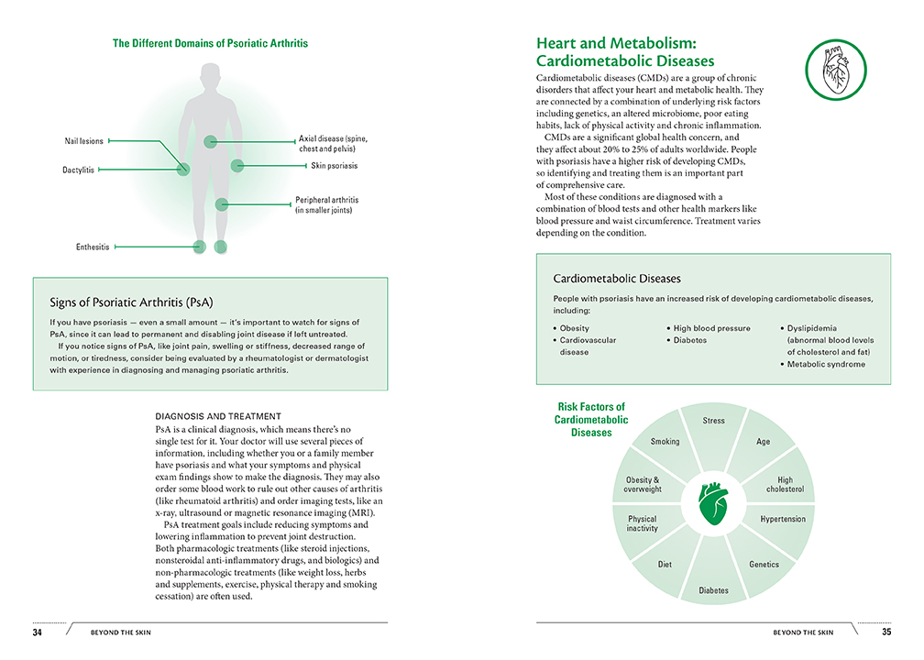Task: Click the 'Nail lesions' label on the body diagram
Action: point(83,141)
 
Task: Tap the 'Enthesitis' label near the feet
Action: point(93,247)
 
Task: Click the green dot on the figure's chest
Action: point(211,141)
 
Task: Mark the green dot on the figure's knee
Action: point(221,203)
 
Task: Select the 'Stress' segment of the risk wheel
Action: point(713,421)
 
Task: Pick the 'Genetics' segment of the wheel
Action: point(764,565)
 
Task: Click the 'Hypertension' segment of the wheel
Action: point(783,519)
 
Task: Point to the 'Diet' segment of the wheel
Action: point(665,565)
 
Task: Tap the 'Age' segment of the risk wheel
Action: point(763,442)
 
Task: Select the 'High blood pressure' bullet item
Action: point(711,328)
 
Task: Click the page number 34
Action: point(38,632)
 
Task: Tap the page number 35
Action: point(885,632)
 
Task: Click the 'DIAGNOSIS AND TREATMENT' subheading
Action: point(218,416)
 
